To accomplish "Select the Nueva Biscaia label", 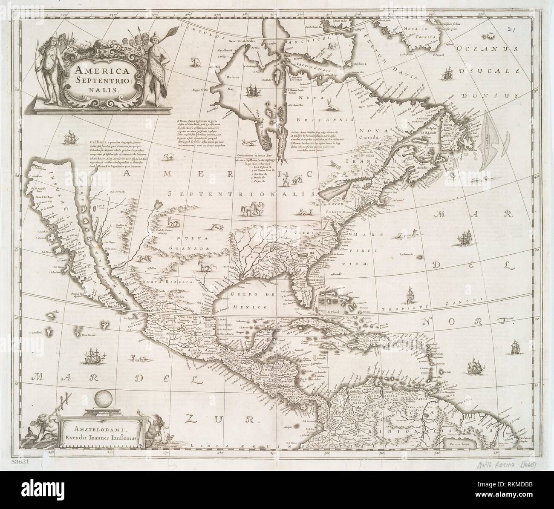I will click(x=168, y=282).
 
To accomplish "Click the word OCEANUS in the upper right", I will click(x=481, y=50).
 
